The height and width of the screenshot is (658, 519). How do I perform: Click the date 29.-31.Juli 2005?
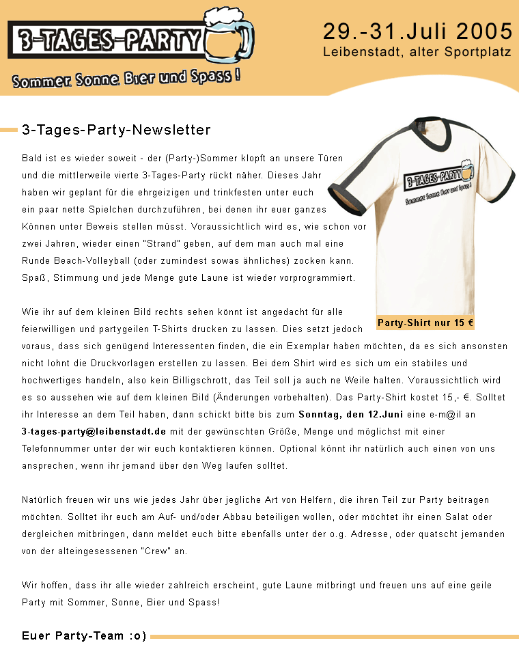pos(417,31)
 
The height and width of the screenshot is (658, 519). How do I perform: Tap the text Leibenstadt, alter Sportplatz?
pos(417,52)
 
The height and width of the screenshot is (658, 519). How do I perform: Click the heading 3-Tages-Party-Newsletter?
pos(116,130)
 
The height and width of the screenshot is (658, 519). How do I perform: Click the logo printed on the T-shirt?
pos(437,182)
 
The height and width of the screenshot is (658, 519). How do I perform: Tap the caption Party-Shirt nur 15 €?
pos(425,323)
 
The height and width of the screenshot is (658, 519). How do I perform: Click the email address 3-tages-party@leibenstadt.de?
pos(94,432)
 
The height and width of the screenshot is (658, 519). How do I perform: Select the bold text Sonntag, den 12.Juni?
pos(342,415)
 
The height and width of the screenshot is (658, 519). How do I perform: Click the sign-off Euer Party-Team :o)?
pos(84,636)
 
